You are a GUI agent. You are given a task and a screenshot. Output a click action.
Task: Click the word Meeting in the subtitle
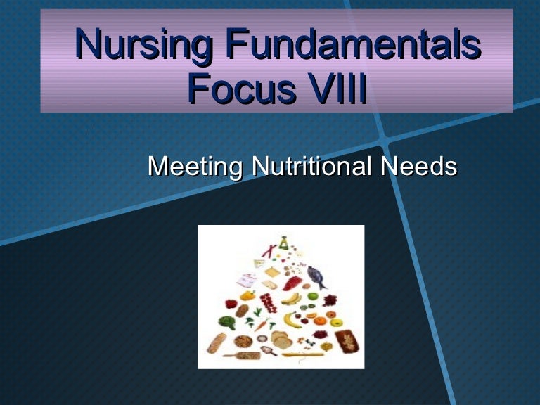pyautogui.click(x=195, y=167)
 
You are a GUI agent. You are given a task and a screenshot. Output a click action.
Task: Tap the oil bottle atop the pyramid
pyautogui.click(x=283, y=243)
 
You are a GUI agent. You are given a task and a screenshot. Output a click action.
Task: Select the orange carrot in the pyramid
pyautogui.click(x=262, y=325)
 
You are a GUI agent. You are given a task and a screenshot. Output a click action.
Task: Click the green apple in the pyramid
pyautogui.click(x=313, y=296)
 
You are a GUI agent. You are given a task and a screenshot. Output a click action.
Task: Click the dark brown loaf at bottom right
pyautogui.click(x=347, y=341)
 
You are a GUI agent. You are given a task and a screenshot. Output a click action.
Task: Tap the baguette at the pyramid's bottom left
pyautogui.click(x=217, y=342)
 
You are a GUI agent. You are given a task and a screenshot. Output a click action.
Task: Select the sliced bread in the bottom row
pyautogui.click(x=281, y=340)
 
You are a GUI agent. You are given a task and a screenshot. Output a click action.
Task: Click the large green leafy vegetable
pyautogui.click(x=227, y=322)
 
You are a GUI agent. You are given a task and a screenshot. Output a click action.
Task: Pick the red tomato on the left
pyautogui.click(x=231, y=304)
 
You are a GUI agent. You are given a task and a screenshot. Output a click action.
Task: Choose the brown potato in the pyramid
pyautogui.click(x=242, y=311)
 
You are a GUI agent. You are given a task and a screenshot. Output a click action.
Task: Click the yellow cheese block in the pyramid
pyautogui.click(x=272, y=272)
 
